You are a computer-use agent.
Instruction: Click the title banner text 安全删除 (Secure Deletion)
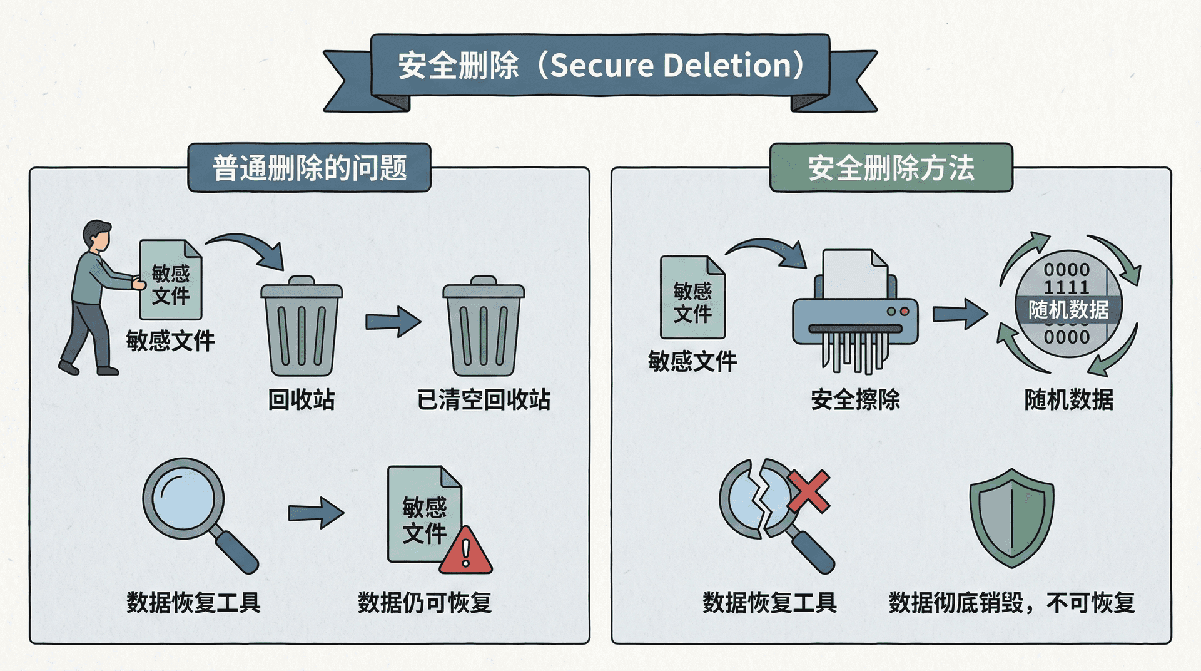(x=600, y=65)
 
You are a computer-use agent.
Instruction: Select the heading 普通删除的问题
(x=310, y=168)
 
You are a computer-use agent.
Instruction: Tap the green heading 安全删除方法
(x=891, y=168)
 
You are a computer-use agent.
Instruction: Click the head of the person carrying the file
(x=98, y=235)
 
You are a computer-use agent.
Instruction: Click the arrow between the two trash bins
(x=393, y=322)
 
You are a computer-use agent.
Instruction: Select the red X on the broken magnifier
(x=808, y=491)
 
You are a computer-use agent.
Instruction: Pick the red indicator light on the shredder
(x=904, y=311)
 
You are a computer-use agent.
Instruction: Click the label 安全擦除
(x=855, y=399)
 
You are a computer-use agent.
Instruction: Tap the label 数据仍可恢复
(x=425, y=603)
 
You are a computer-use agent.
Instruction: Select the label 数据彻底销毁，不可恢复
(x=1011, y=603)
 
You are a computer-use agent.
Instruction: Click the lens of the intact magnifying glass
(x=183, y=498)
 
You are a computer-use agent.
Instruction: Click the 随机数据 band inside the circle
(x=1068, y=309)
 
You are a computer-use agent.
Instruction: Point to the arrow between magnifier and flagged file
(x=316, y=513)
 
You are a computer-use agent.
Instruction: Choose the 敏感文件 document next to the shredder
(x=692, y=298)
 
